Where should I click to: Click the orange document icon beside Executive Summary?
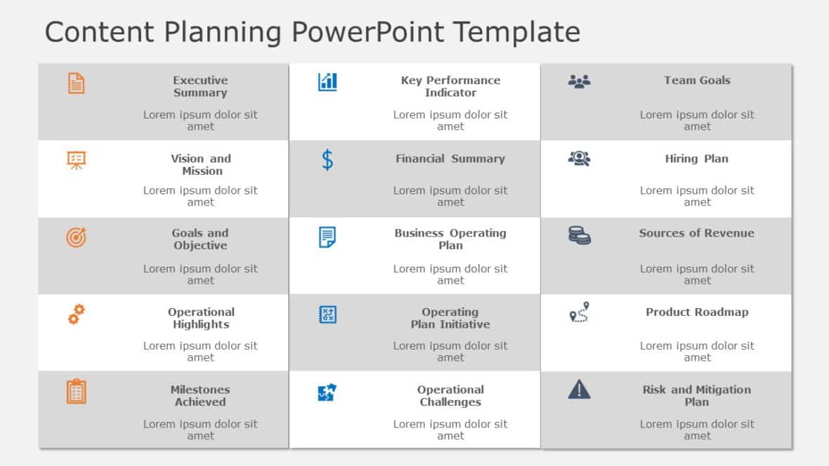[x=76, y=83]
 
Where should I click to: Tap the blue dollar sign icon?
[x=327, y=160]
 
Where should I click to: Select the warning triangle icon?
[x=579, y=390]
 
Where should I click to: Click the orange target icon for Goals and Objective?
[x=76, y=238]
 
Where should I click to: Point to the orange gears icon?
[x=76, y=314]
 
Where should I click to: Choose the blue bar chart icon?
[x=327, y=82]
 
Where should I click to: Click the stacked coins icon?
[x=579, y=236]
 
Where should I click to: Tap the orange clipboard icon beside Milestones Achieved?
[x=76, y=392]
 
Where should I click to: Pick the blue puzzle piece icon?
[x=327, y=392]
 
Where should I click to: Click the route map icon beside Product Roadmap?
[x=579, y=313]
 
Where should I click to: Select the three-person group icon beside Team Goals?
[x=579, y=81]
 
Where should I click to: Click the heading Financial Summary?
[x=450, y=159]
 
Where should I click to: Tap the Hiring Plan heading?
[x=697, y=159]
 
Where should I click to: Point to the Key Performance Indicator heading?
[x=450, y=86]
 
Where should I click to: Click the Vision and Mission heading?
[x=201, y=164]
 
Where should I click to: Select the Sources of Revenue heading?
[x=697, y=233]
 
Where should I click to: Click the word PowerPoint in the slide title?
[x=368, y=32]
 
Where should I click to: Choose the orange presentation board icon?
[x=76, y=161]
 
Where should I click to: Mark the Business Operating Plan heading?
[x=450, y=239]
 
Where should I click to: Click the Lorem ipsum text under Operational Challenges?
[x=450, y=430]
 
